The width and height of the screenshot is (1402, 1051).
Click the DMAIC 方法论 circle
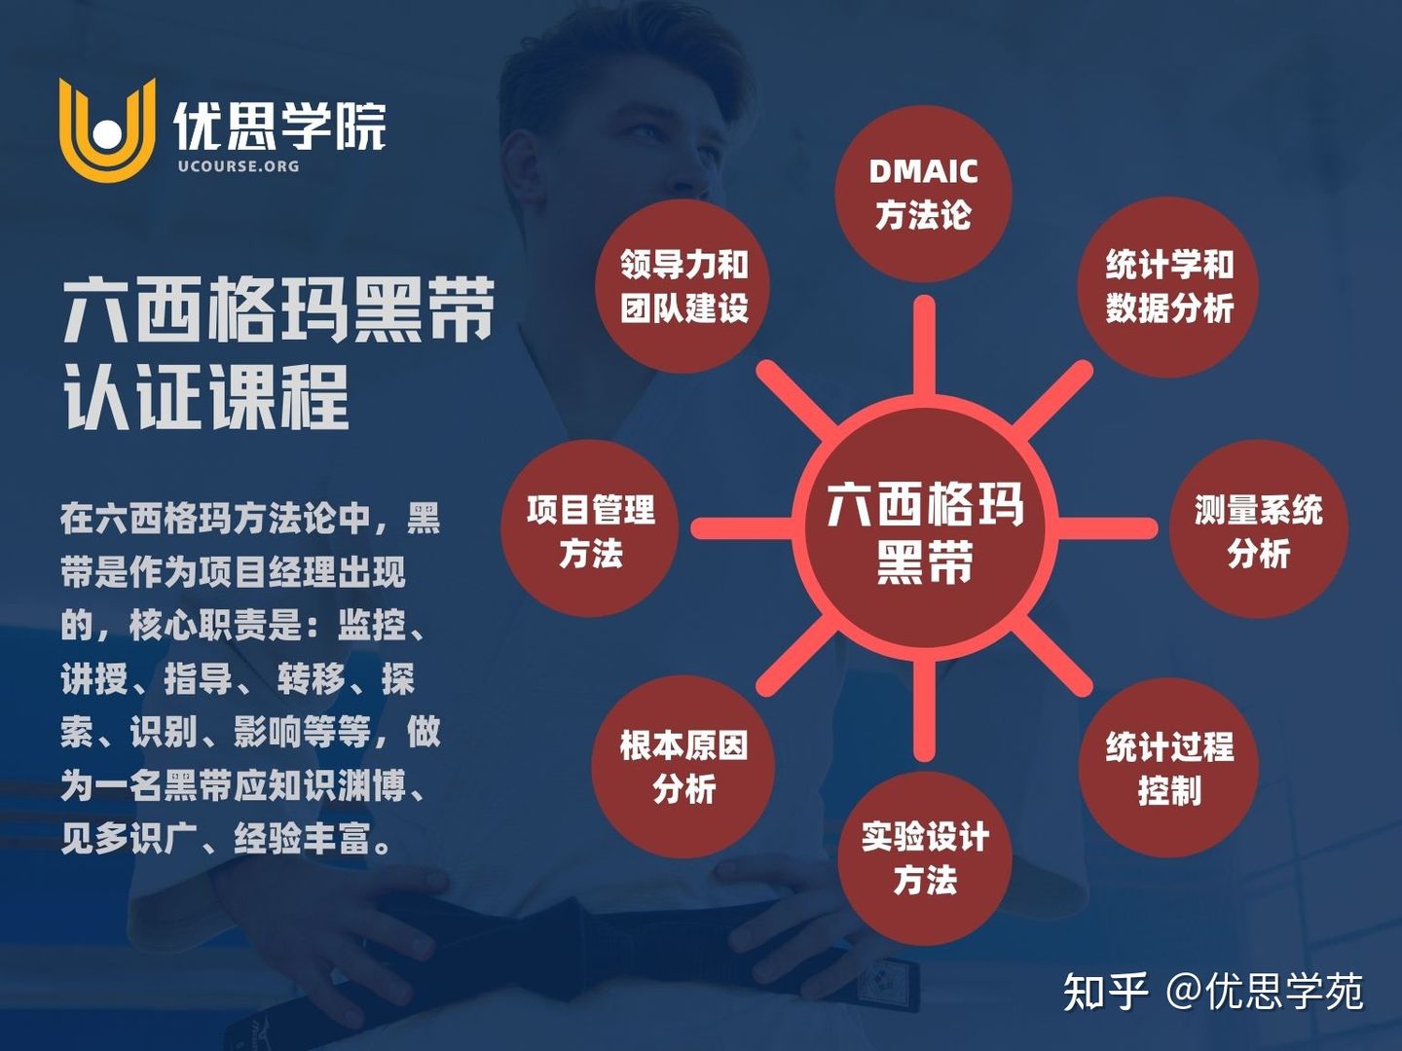923,193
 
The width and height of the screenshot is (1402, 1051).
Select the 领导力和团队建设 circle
684,286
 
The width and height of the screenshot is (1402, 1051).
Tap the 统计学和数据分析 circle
1168,286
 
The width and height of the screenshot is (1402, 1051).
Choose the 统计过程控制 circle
1168,768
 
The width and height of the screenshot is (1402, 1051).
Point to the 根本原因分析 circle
683,768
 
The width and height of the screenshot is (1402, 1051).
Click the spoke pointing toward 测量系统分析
1105,528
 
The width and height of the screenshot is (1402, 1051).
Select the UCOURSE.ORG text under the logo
239,165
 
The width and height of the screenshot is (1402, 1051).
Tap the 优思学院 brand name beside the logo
280,126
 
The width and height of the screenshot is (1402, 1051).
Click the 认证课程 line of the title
206,397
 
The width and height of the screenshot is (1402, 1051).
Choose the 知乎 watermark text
1106,992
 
